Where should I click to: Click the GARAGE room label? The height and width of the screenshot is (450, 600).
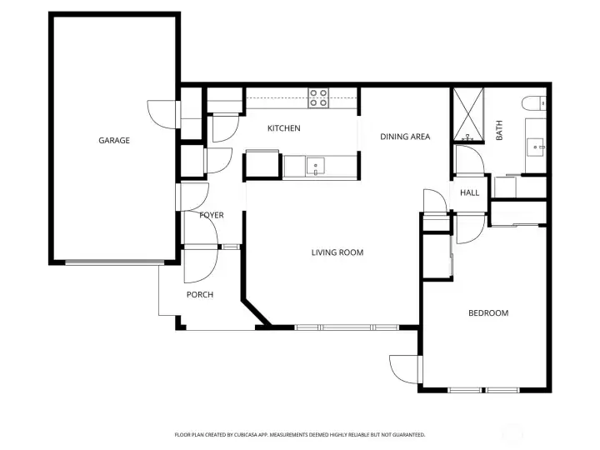[x=114, y=140]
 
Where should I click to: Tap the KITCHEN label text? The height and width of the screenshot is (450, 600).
[x=283, y=128]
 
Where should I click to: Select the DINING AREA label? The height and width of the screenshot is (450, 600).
[x=405, y=137]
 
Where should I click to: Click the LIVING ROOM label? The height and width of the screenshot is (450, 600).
[x=337, y=252]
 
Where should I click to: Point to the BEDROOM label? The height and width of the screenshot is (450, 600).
[x=487, y=313]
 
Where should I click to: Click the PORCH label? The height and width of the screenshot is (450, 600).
[x=199, y=294]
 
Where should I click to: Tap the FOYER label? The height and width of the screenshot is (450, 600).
[x=212, y=216]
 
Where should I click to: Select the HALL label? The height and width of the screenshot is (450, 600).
[x=470, y=192]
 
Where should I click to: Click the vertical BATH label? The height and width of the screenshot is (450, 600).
[x=499, y=130]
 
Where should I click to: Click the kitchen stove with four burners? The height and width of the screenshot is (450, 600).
[x=318, y=98]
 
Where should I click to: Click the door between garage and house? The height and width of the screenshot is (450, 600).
[x=161, y=112]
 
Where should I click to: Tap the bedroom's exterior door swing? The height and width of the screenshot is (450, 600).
[x=402, y=367]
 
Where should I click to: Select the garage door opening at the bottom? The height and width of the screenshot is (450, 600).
[x=113, y=263]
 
